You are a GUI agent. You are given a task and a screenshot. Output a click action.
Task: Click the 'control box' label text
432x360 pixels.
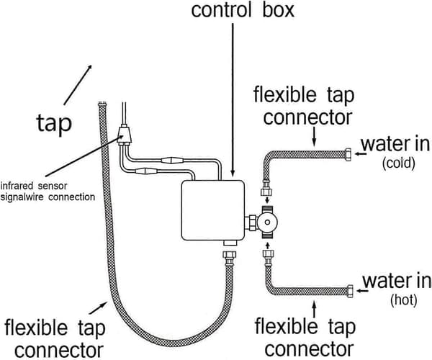coord(243,10)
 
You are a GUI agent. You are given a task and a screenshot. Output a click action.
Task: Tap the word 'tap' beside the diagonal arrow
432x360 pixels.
coord(54,124)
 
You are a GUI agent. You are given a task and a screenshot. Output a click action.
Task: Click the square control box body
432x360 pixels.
coord(212,210)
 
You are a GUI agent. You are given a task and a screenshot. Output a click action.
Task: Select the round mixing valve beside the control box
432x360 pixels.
coord(267,222)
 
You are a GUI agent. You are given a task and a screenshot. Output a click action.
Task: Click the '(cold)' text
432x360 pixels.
coord(398,163)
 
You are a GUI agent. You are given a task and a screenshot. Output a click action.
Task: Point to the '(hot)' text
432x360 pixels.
coord(404,300)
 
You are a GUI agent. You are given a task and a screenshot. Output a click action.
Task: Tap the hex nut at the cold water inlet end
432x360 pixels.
coord(348,154)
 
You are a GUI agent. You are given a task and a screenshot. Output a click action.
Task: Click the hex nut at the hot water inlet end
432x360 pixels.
coord(350,292)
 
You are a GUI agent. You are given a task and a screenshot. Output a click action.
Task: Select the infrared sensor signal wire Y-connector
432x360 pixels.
coord(125,135)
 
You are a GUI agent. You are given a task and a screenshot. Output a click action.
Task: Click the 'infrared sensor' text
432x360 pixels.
coord(34,186)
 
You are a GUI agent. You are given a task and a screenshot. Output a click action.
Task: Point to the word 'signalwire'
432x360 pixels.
coord(23,197)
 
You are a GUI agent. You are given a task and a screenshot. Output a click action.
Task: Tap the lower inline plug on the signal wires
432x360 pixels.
coord(146,171)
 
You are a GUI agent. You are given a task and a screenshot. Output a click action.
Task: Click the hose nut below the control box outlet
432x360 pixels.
coord(230,257)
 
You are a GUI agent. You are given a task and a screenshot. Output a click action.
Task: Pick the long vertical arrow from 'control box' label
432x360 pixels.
coord(233,99)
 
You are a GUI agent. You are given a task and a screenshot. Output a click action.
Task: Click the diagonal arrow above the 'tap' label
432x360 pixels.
coord(78,85)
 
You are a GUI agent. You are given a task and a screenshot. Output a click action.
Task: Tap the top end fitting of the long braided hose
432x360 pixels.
coord(102,104)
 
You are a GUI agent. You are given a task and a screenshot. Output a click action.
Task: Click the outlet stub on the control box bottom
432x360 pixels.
coord(230,243)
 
